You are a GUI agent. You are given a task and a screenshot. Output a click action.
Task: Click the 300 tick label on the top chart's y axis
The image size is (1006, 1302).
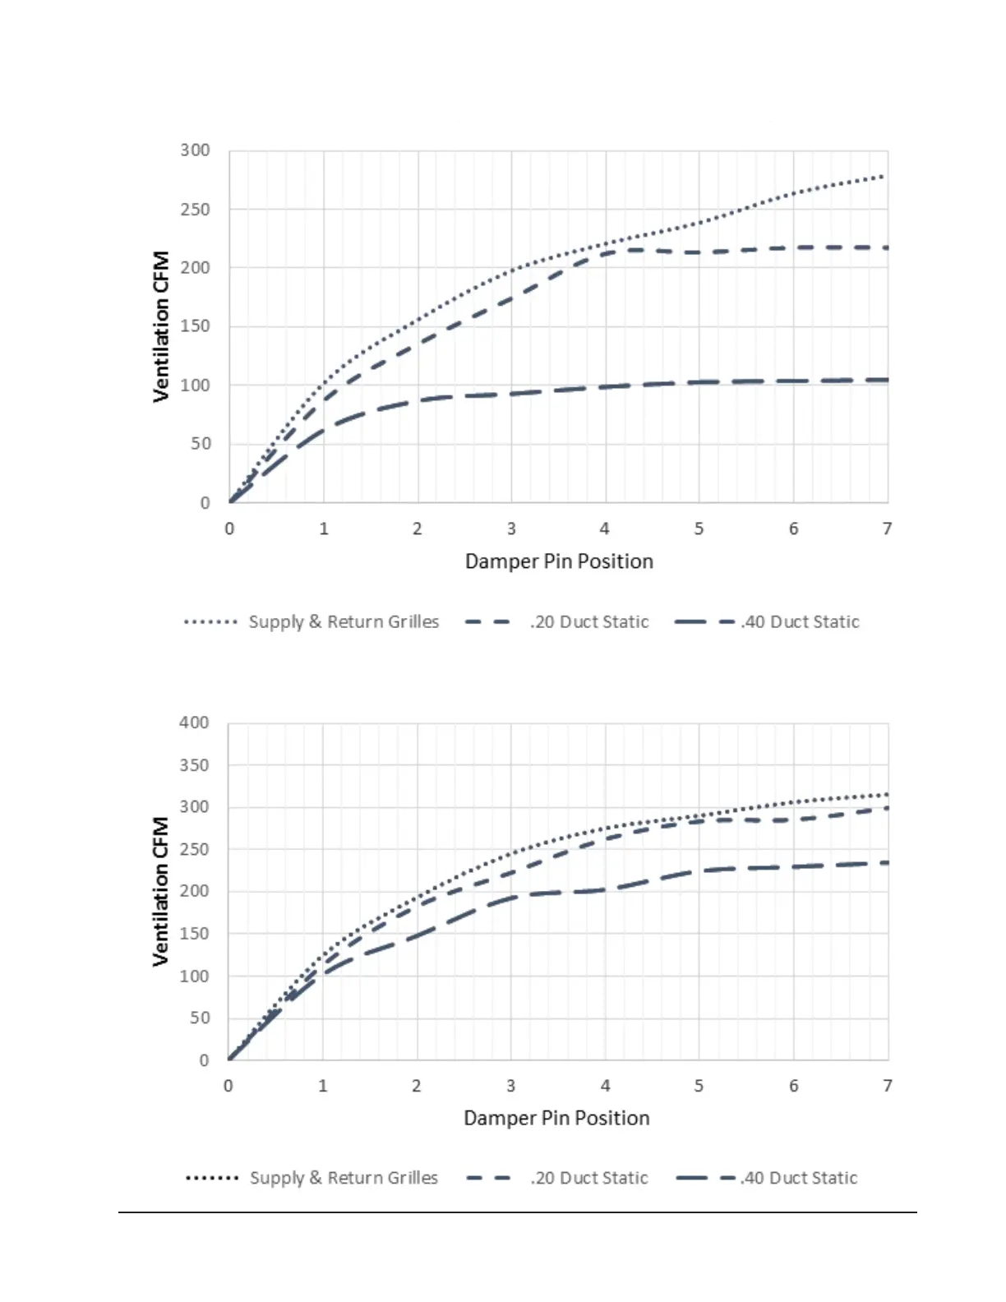pyautogui.click(x=195, y=150)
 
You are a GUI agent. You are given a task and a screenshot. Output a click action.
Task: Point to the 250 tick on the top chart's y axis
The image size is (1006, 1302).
pyautogui.click(x=195, y=210)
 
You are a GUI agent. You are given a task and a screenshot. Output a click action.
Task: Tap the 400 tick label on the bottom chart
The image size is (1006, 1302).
pyautogui.click(x=194, y=723)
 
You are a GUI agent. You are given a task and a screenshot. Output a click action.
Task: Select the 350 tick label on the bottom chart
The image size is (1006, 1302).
pyautogui.click(x=194, y=765)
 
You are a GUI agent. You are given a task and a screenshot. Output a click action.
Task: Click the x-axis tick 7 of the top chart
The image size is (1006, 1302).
pyautogui.click(x=887, y=529)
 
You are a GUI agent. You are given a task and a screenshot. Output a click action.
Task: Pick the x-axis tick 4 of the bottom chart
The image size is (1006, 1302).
pyautogui.click(x=605, y=1086)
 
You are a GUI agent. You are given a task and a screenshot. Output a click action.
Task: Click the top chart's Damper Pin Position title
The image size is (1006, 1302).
pyautogui.click(x=559, y=561)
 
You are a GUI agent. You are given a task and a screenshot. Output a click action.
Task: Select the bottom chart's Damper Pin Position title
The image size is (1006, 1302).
pyautogui.click(x=556, y=1118)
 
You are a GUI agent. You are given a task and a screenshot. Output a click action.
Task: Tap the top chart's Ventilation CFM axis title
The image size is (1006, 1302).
pyautogui.click(x=161, y=326)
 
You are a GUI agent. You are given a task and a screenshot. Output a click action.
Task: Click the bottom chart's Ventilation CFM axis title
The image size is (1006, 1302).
pyautogui.click(x=161, y=891)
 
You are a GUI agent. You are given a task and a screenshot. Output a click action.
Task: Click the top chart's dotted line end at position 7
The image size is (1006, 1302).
pyautogui.click(x=883, y=177)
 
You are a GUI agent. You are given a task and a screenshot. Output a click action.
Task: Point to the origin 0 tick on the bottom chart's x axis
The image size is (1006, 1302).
pyautogui.click(x=228, y=1086)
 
